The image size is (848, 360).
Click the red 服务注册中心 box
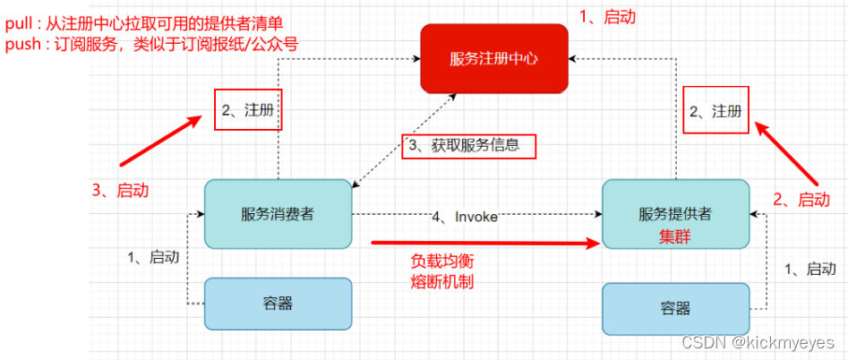click(494, 58)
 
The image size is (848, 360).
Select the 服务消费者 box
click(278, 213)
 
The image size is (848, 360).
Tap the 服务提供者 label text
click(676, 214)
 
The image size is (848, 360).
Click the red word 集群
click(676, 235)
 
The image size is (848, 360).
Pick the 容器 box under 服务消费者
click(278, 303)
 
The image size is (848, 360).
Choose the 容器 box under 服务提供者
click(676, 308)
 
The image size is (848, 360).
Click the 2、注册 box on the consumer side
click(248, 109)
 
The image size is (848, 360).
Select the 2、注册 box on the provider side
click(716, 110)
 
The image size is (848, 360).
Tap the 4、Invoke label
click(464, 217)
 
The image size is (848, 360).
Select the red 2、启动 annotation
click(801, 199)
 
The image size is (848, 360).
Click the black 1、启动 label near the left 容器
click(154, 257)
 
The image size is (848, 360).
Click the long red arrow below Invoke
click(484, 242)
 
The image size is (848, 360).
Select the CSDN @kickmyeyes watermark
click(758, 343)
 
